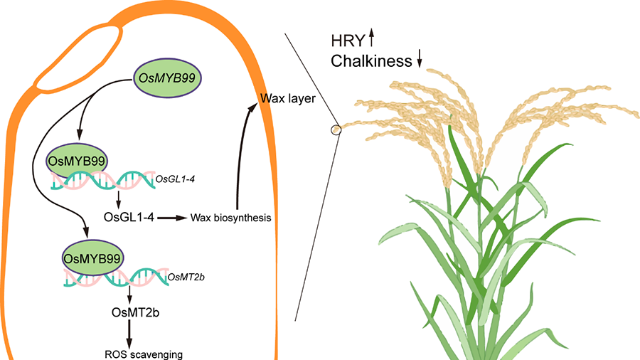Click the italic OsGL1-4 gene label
175,179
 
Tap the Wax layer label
287,97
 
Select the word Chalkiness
372,61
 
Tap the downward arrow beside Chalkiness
420,62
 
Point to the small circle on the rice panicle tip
334,129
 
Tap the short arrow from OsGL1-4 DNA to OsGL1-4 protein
118,197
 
